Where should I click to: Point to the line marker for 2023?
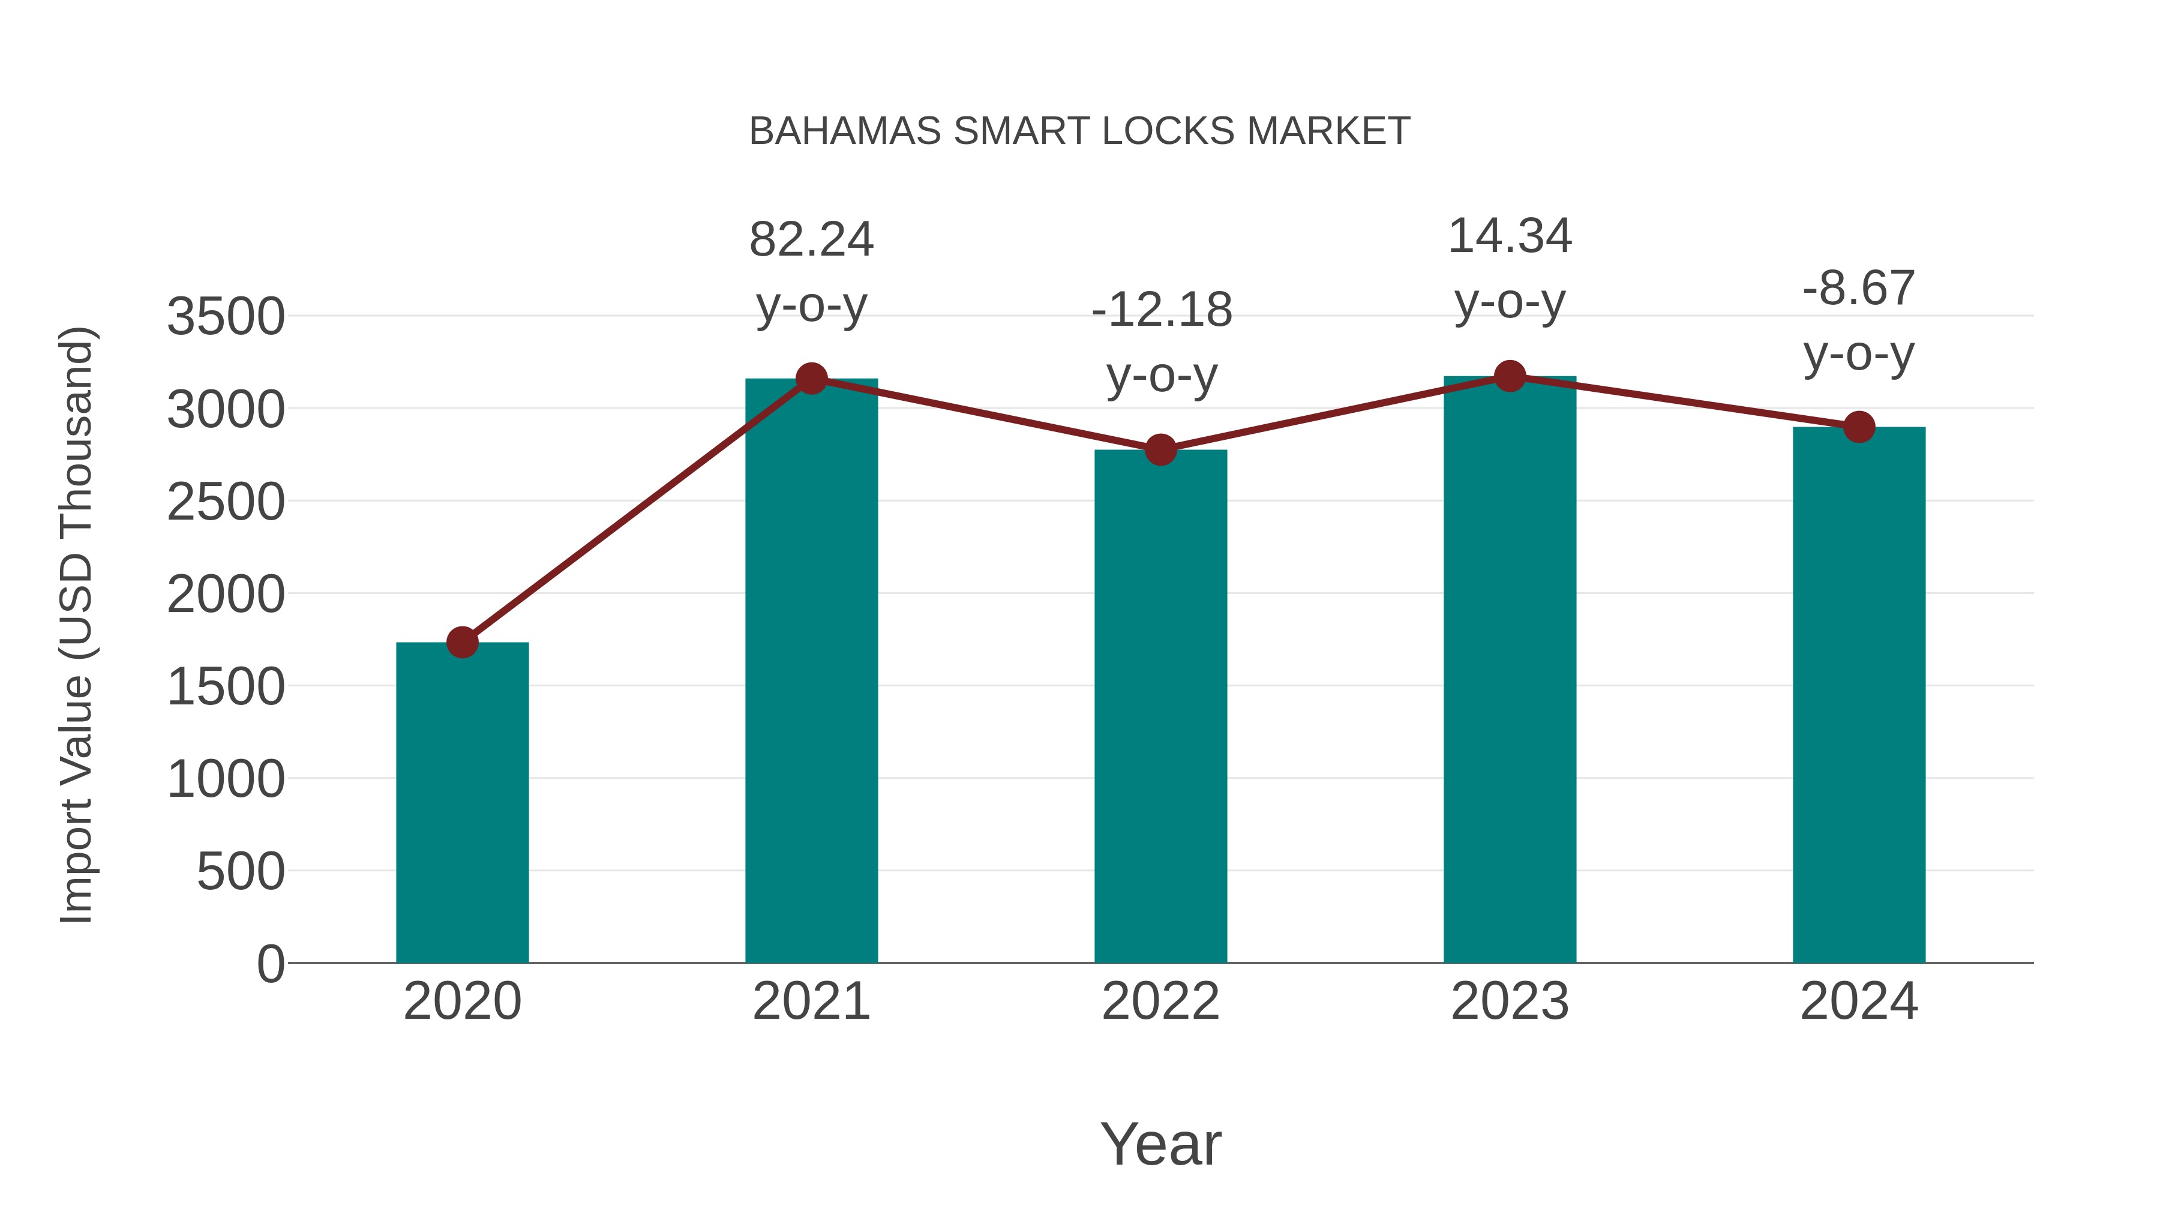(1510, 376)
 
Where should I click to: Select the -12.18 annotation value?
(1162, 310)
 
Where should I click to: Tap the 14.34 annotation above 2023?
(1510, 236)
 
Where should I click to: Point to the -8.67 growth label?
(1859, 289)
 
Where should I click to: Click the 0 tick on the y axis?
(271, 964)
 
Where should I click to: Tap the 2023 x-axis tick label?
(1510, 1001)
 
